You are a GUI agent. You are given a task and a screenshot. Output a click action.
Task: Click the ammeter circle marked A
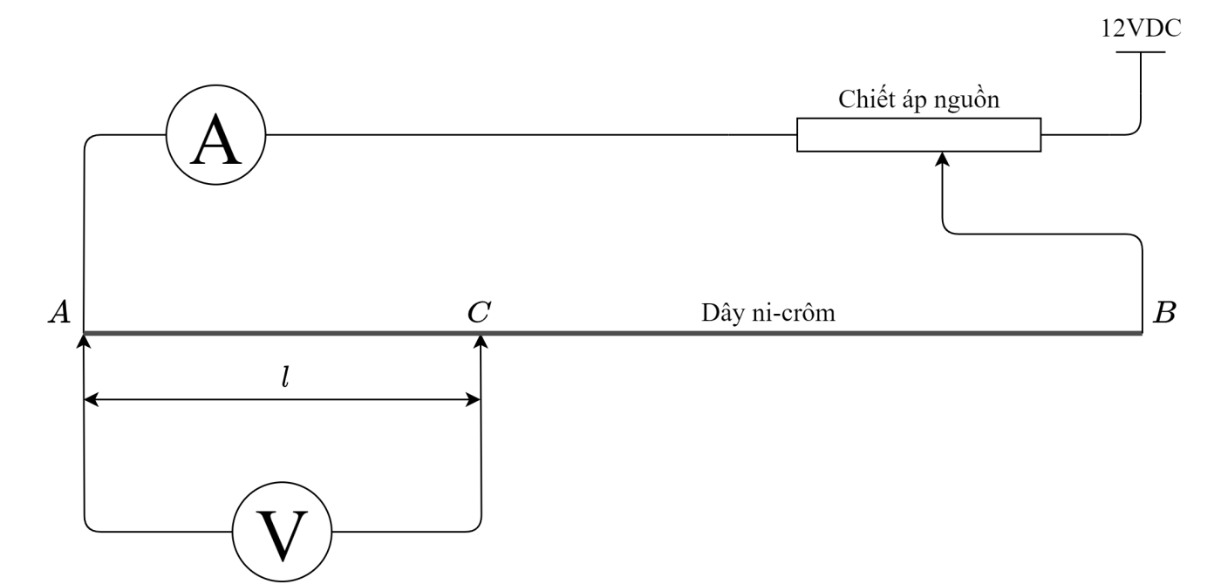point(216,135)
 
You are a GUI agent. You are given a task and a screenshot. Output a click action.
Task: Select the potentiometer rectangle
point(918,135)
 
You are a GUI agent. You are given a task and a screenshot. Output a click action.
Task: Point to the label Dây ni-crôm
point(769,313)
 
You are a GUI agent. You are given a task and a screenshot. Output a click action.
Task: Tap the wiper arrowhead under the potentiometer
point(942,159)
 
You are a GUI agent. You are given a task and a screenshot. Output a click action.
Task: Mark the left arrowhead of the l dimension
point(91,400)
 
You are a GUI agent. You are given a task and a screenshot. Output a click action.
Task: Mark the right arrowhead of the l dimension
point(474,400)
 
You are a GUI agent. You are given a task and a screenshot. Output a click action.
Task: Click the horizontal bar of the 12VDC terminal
point(1140,51)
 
